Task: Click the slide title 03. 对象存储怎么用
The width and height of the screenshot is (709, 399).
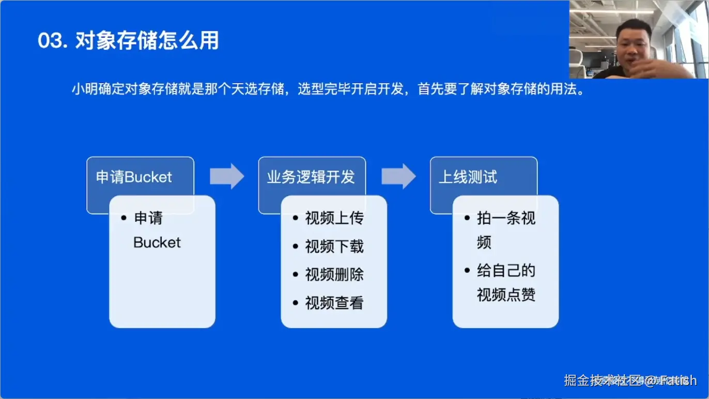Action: click(128, 41)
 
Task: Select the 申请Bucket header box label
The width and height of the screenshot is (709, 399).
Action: click(134, 177)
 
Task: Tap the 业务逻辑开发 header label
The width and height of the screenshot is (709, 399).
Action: click(311, 177)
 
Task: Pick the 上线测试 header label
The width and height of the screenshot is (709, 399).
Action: click(468, 177)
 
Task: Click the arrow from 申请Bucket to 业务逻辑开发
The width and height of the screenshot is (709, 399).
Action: click(227, 176)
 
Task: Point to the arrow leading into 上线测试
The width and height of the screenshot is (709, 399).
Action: click(398, 176)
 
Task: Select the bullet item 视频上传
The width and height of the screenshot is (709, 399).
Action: click(334, 218)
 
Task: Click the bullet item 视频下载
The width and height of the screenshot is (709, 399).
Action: click(334, 247)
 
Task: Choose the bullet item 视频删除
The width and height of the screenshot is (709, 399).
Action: click(334, 274)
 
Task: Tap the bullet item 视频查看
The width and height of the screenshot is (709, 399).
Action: click(334, 303)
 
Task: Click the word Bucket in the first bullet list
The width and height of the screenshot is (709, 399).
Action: click(157, 242)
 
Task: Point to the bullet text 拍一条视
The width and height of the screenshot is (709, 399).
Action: click(506, 218)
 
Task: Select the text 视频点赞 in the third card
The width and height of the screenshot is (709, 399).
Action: click(506, 295)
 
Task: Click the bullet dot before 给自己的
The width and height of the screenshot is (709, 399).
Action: click(467, 270)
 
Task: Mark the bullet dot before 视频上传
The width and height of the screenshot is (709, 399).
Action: click(296, 218)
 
